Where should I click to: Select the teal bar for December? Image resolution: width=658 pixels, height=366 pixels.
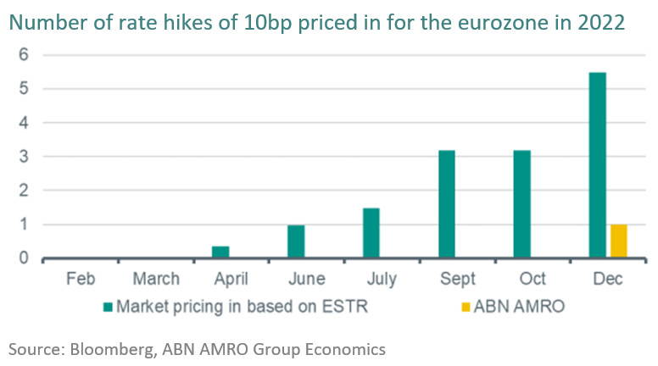(x=598, y=165)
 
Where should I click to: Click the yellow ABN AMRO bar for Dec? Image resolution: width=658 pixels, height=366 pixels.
(x=618, y=241)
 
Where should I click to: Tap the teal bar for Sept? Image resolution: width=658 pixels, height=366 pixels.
(x=447, y=204)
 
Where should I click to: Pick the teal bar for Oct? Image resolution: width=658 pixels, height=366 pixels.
(x=522, y=204)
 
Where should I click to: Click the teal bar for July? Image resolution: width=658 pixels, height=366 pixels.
(x=371, y=233)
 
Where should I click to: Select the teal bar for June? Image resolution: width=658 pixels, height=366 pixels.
(x=296, y=241)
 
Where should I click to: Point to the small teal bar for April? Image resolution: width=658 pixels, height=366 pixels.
(x=220, y=252)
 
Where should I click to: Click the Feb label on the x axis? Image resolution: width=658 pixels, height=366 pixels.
(x=81, y=279)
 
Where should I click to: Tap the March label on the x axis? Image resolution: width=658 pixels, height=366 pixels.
(x=157, y=279)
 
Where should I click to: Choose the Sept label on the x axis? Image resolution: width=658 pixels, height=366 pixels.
(x=459, y=279)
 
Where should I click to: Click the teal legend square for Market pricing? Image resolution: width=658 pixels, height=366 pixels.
(x=108, y=307)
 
